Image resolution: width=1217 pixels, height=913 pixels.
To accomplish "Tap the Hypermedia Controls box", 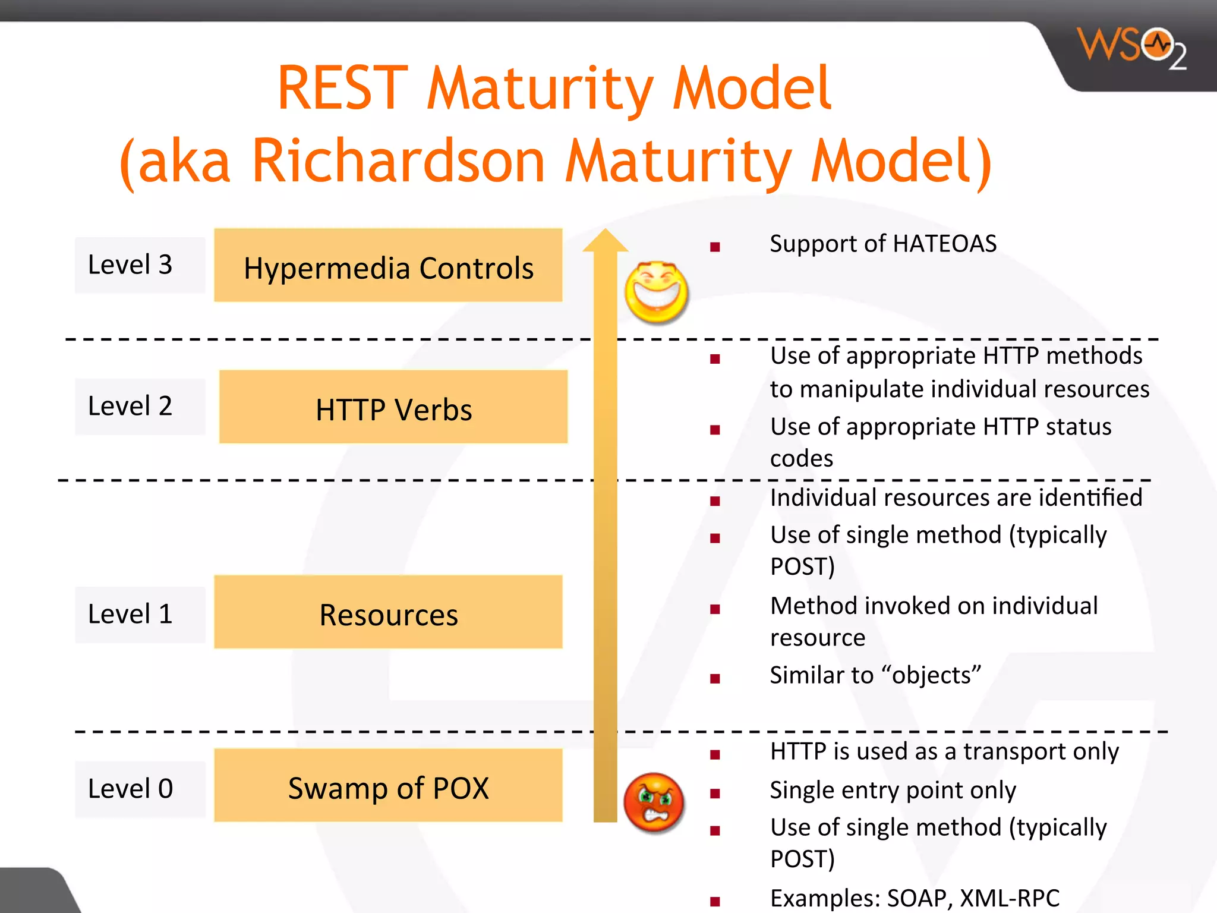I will pyautogui.click(x=388, y=265).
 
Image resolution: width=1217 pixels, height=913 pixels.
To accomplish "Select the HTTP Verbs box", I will pyautogui.click(x=393, y=407).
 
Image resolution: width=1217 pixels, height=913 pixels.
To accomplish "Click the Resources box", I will pyautogui.click(x=388, y=612).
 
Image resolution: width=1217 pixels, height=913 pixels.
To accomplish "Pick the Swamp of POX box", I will pyautogui.click(x=388, y=786).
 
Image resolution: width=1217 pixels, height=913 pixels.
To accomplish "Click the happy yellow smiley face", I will pyautogui.click(x=656, y=292).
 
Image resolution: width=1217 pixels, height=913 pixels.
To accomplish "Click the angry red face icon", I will pyautogui.click(x=654, y=803).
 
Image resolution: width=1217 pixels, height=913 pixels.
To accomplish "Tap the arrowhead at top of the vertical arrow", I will pyautogui.click(x=605, y=241).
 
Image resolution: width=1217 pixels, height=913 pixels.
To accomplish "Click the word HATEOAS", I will pyautogui.click(x=944, y=244).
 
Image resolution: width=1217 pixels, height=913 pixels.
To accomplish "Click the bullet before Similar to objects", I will pyautogui.click(x=715, y=678).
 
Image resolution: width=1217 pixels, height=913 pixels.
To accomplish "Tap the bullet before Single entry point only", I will pyautogui.click(x=715, y=793).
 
